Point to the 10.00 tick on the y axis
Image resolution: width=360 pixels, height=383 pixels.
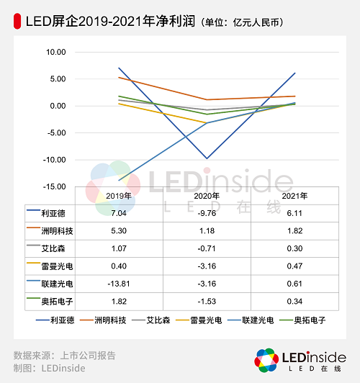[55, 52]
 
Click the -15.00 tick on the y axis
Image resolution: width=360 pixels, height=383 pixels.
[54, 186]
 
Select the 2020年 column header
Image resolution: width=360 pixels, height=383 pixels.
[207, 195]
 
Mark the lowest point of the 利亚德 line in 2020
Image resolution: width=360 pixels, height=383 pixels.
[207, 158]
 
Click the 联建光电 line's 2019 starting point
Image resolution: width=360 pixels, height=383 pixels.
[120, 180]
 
